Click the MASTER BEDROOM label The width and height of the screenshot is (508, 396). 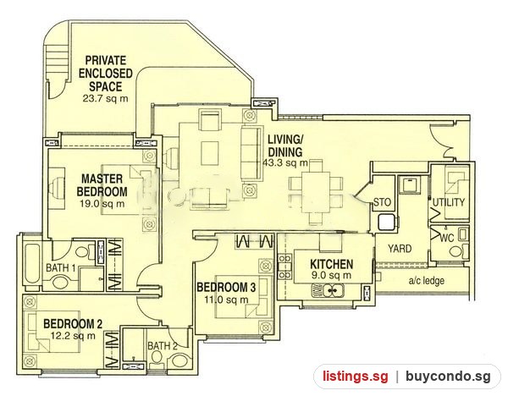[x=102, y=185]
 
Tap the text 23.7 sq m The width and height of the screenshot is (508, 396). [x=105, y=98]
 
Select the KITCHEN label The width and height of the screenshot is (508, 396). [x=331, y=264]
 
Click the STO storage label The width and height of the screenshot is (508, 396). [x=383, y=203]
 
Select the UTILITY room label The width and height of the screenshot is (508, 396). [x=449, y=203]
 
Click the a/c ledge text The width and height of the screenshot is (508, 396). [x=426, y=281]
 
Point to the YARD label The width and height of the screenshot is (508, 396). [x=400, y=249]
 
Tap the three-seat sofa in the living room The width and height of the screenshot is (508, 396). [x=251, y=153]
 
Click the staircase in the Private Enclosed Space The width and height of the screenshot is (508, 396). [x=58, y=62]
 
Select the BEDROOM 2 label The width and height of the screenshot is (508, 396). [x=73, y=323]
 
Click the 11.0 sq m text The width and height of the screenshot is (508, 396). [x=227, y=300]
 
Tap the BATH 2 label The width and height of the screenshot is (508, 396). [x=163, y=346]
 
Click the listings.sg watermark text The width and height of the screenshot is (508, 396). [x=355, y=377]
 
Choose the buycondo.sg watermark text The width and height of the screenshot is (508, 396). [x=448, y=377]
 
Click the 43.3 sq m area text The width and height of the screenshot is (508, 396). [x=285, y=162]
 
